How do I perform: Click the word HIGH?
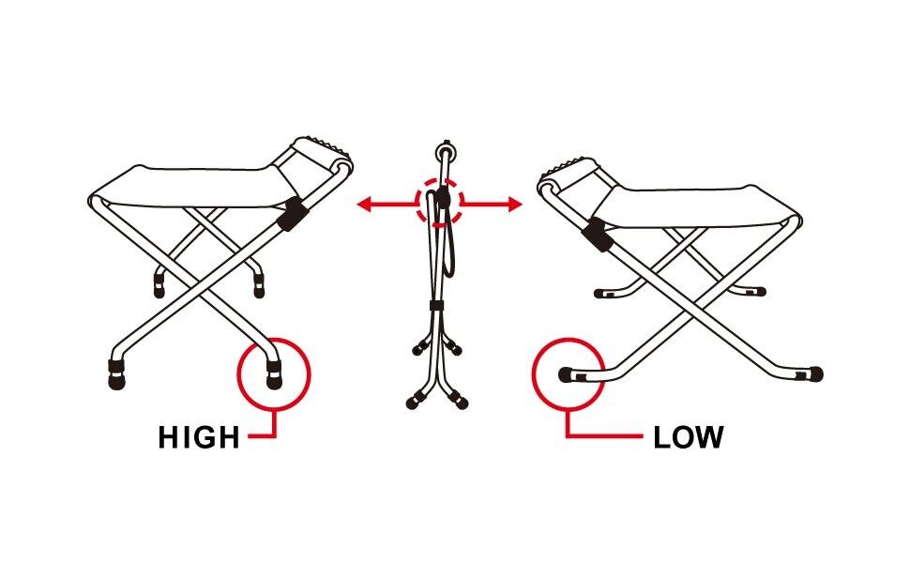point(199,437)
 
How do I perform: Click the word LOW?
point(688,437)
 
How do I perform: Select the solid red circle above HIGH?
point(274,373)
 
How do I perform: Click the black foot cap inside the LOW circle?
point(568,374)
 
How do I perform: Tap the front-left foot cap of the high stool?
point(115,377)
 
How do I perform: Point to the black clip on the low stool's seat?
point(596,236)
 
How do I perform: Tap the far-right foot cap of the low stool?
point(815,373)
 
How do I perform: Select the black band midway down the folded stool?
point(435,308)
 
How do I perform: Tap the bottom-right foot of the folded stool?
point(462,404)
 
